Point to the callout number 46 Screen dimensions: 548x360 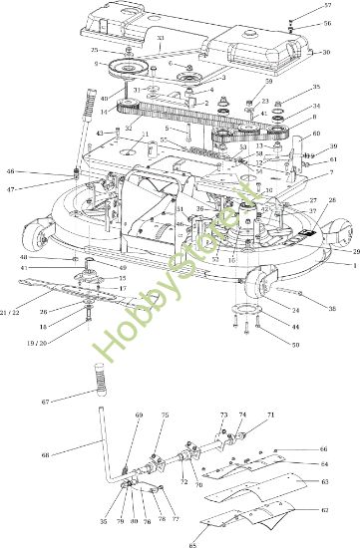(38, 171)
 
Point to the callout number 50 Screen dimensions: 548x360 (266, 345)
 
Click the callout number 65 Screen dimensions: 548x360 (191, 544)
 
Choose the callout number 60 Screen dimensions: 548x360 (316, 134)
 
